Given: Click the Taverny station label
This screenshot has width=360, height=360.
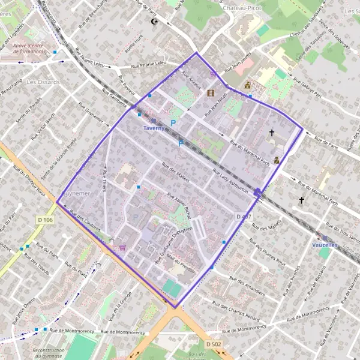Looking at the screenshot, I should coord(154,128).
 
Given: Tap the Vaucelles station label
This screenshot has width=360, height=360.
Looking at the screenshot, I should coord(325,245).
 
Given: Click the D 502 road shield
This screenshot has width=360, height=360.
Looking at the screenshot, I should coord(214,344).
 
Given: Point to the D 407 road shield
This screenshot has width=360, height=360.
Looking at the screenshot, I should coord(243,216).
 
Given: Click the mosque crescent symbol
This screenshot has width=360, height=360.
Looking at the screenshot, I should coord(154,22).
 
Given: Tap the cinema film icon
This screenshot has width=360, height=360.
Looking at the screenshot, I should coord(211,93).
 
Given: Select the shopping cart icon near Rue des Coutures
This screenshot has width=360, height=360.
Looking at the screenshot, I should coord(123,247).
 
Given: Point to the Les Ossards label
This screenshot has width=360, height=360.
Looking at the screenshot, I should coord(43,82).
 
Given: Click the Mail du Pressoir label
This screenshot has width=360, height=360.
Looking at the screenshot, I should coord(182,261).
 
